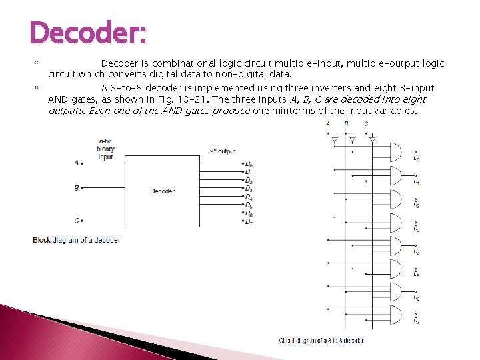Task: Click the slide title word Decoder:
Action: tap(88, 33)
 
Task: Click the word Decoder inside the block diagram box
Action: tap(162, 191)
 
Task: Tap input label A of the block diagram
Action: tap(76, 162)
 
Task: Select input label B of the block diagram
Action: tap(76, 188)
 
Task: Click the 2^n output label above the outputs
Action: tap(223, 151)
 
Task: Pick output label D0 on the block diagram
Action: tap(249, 164)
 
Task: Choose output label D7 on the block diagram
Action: tap(249, 221)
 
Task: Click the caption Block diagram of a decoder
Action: tap(76, 240)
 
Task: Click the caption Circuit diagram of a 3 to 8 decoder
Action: tap(321, 341)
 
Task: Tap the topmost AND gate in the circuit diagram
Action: tap(395, 153)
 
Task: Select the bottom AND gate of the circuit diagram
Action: tap(395, 315)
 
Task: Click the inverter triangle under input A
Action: tap(335, 140)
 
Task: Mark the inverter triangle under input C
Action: tap(372, 140)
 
